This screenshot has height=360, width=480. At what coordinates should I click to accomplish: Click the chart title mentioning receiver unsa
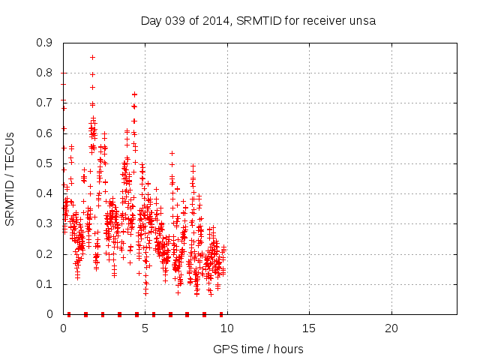point(258,20)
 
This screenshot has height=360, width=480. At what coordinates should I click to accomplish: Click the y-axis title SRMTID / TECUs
point(10,179)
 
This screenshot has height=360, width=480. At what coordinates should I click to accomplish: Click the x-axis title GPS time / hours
point(258,349)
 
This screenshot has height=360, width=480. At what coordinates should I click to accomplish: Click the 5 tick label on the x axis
point(145,328)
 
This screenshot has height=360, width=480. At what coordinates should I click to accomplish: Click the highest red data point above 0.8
point(92,57)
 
